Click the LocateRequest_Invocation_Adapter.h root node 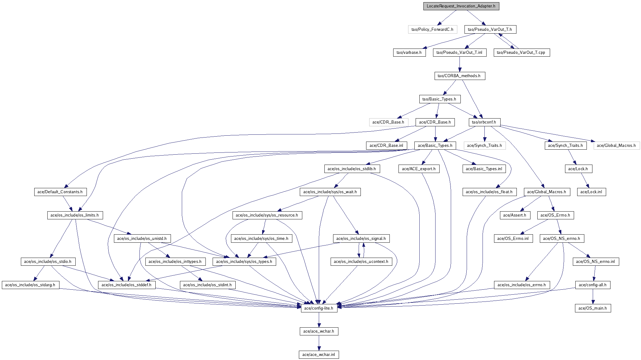click(461, 6)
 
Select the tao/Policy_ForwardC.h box click(432, 29)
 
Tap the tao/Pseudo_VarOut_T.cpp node click(522, 53)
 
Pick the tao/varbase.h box click(409, 53)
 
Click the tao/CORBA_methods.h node click(460, 76)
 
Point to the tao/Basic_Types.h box click(440, 99)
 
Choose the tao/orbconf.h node click(484, 122)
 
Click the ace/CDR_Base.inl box click(386, 145)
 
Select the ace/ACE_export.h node click(419, 169)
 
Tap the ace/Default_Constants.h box click(60, 192)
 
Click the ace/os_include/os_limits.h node click(75, 215)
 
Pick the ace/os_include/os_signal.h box click(361, 238)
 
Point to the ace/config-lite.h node click(319, 308)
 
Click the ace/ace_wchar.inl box click(319, 354)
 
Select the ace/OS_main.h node click(593, 308)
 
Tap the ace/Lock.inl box click(592, 192)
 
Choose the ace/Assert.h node click(515, 215)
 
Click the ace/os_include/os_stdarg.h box click(30, 285)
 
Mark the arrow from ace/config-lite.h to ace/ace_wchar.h click(319, 320)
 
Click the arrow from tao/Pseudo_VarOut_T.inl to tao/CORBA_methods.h click(460, 64)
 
